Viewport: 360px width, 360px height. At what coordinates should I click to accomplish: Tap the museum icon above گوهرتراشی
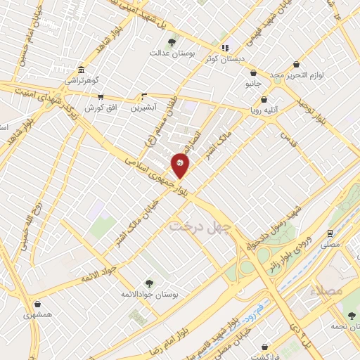tap(82, 70)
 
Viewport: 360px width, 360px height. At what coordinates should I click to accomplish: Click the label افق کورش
tap(100, 108)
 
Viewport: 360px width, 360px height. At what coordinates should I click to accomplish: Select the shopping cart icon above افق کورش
tap(100, 97)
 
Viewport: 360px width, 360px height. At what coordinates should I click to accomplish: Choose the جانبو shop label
tap(252, 83)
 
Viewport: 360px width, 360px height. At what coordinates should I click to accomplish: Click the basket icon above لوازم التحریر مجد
tap(297, 64)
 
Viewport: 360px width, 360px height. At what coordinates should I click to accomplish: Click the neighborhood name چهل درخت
tap(200, 226)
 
